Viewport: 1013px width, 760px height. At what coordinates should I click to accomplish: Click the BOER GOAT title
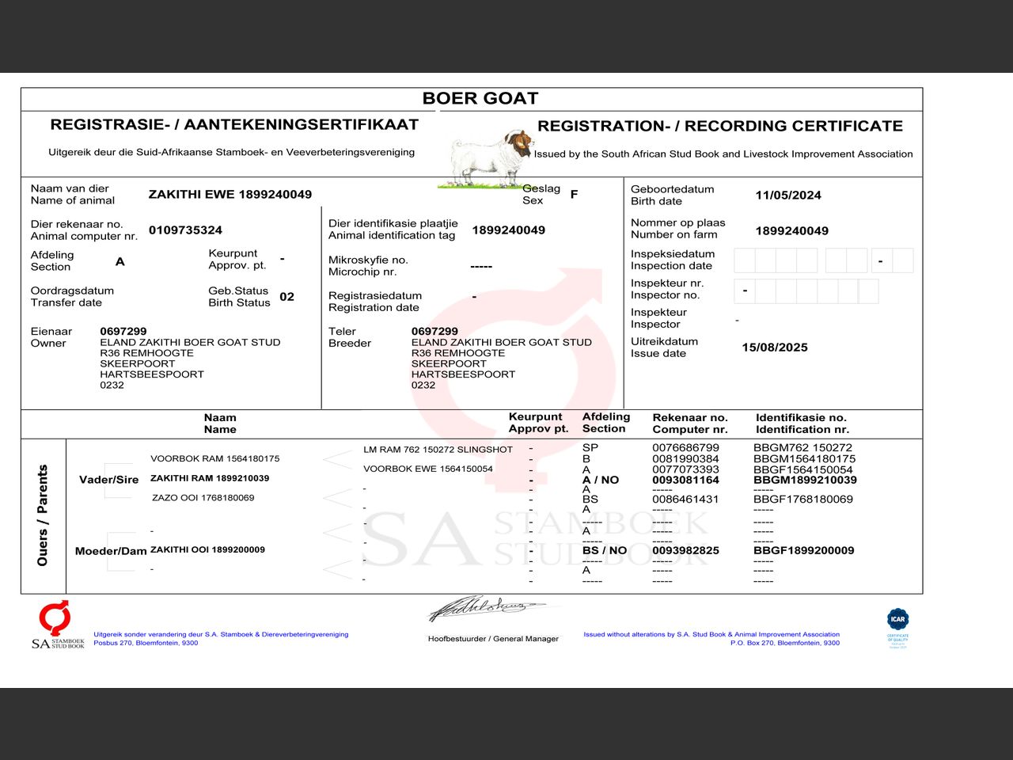point(480,98)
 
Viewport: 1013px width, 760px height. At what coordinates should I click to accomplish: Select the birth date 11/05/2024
point(787,195)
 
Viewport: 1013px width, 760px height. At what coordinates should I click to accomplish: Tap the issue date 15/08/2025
point(774,348)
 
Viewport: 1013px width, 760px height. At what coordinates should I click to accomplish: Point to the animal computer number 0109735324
point(185,230)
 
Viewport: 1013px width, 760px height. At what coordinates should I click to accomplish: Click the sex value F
point(574,194)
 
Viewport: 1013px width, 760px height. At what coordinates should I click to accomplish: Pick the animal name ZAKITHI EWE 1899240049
point(230,194)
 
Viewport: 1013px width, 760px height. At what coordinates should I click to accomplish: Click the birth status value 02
point(286,297)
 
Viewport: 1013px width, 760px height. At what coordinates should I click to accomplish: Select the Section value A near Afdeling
point(120,261)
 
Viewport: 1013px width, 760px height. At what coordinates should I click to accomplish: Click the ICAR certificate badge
point(897,621)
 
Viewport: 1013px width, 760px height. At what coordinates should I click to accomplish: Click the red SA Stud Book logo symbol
point(55,617)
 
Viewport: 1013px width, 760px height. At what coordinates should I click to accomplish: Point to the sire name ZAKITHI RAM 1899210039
point(210,478)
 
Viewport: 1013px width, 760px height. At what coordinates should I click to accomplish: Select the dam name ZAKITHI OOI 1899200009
point(207,549)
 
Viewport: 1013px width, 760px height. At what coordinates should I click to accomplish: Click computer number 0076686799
point(685,447)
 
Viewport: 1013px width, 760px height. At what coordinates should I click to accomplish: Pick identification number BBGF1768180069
point(802,500)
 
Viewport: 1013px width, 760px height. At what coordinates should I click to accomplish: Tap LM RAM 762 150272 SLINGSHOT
point(438,450)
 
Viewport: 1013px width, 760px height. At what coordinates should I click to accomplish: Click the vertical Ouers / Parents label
point(43,515)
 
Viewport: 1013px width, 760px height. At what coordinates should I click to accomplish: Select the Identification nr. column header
point(801,424)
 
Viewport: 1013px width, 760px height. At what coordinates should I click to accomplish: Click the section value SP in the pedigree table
point(590,447)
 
